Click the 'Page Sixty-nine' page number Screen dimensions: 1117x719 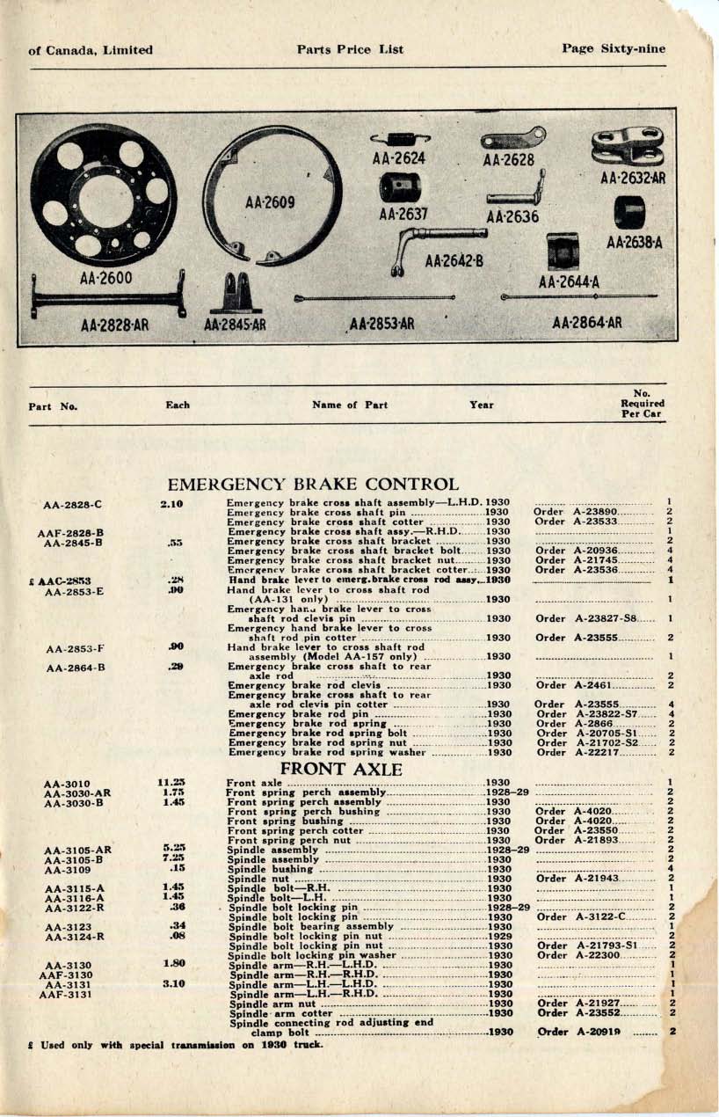coord(614,49)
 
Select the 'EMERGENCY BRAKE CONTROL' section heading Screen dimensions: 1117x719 coord(313,485)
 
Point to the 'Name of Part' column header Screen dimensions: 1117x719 coord(349,405)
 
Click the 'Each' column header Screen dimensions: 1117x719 coord(178,405)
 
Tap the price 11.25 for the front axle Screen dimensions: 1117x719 coord(171,782)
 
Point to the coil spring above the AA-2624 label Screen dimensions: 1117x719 coord(399,137)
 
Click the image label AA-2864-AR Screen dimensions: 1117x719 coord(586,323)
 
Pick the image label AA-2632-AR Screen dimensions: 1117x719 coord(631,178)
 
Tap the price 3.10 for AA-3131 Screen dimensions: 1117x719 coord(172,984)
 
